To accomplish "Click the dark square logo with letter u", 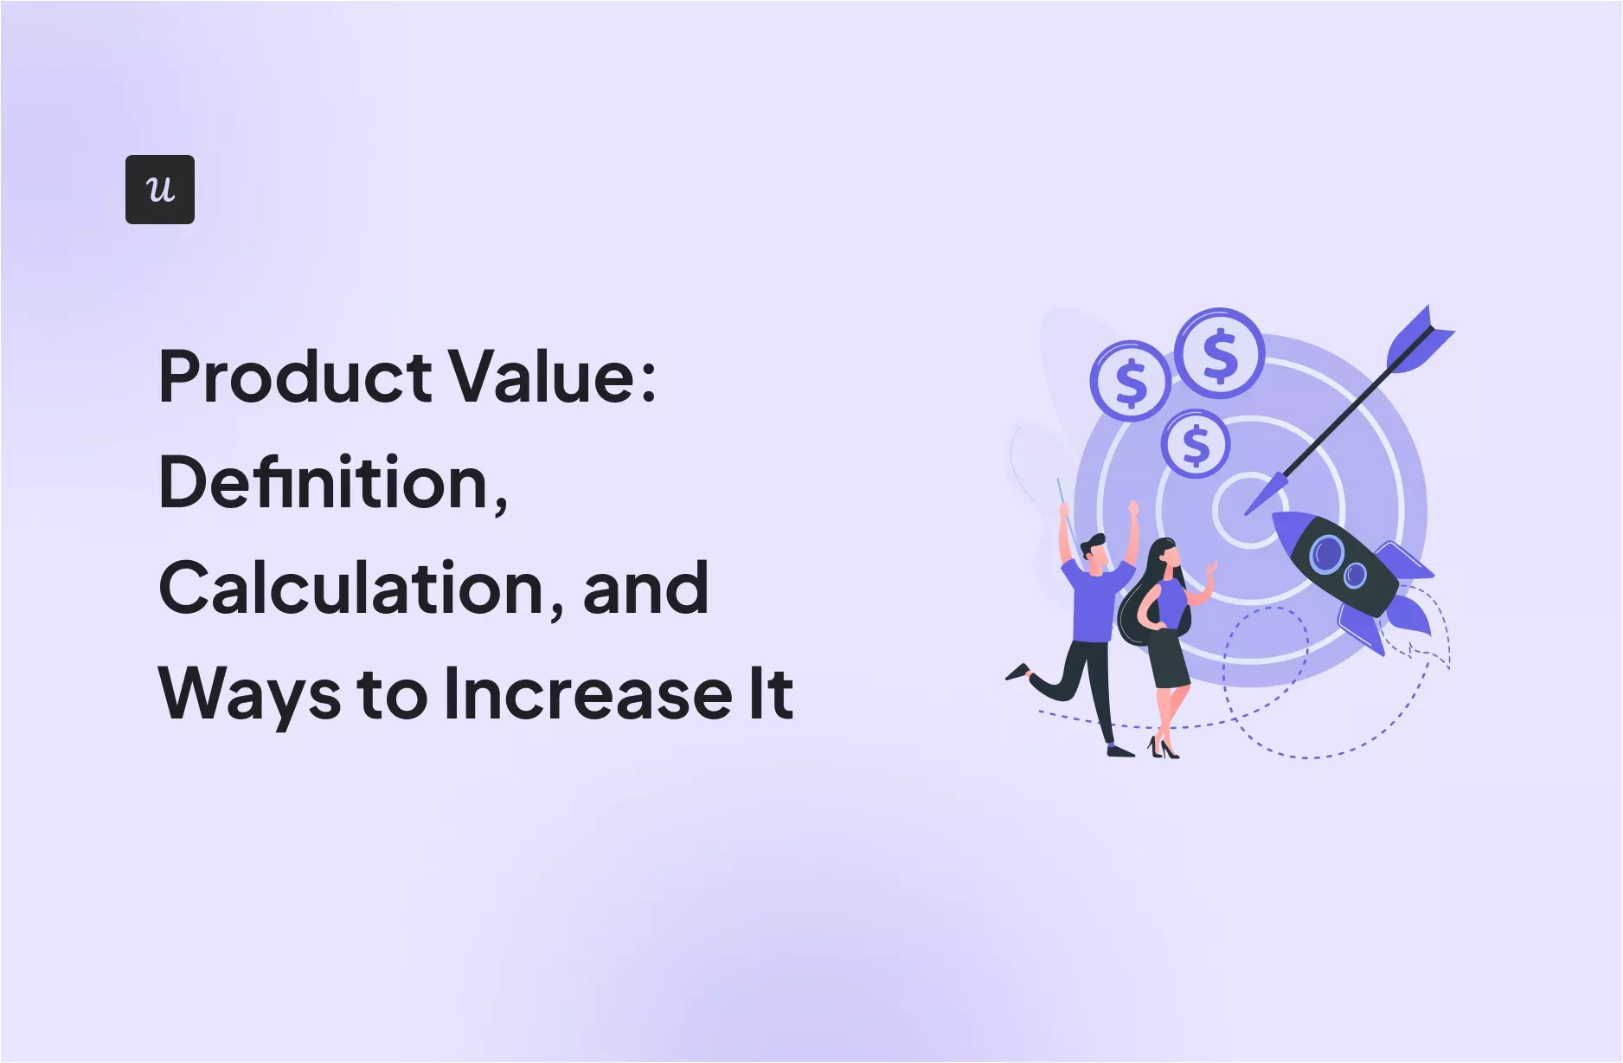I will (x=160, y=190).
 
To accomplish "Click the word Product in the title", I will (x=295, y=377).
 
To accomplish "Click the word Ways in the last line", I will (x=249, y=694).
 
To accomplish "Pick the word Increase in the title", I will (x=588, y=694).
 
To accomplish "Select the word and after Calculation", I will (x=646, y=589).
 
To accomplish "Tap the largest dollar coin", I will (x=1220, y=353).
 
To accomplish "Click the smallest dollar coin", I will (x=1195, y=444).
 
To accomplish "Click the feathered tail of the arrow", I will (x=1420, y=338).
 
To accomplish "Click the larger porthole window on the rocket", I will (x=1326, y=553).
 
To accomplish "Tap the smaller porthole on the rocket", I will (x=1355, y=575).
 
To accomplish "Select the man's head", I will (x=1094, y=552).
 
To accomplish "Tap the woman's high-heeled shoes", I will (x=1163, y=749).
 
